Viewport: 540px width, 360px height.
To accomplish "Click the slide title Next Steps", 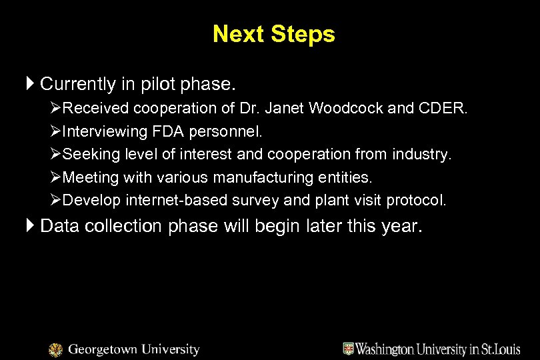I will [x=273, y=34].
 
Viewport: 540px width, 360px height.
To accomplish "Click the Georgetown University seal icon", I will [x=56, y=350].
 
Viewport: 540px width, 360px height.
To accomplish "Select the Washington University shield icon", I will [x=349, y=349].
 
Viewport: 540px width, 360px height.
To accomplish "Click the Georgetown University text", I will [x=134, y=349].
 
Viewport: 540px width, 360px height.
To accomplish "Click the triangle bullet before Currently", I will [x=31, y=85].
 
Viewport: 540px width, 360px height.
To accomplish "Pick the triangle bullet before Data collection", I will [x=31, y=226].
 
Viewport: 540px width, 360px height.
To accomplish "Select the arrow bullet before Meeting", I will [x=55, y=177].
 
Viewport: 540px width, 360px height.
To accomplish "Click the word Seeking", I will [x=85, y=155].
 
